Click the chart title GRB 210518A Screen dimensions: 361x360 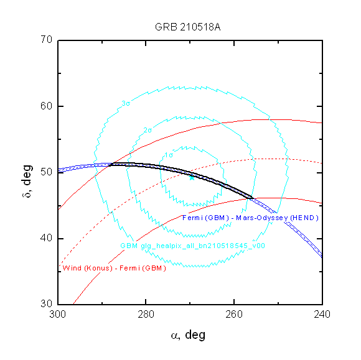click(x=187, y=27)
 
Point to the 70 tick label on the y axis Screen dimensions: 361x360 click(x=47, y=40)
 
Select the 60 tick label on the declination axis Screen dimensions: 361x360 click(x=47, y=106)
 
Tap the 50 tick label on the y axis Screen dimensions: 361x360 click(x=47, y=172)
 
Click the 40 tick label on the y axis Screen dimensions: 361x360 click(x=47, y=238)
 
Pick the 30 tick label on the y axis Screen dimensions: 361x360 click(x=47, y=303)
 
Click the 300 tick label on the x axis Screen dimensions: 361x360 click(x=57, y=314)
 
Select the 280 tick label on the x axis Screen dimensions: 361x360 click(x=146, y=314)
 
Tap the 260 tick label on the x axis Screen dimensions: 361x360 click(x=234, y=314)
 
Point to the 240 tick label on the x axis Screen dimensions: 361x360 click(x=322, y=314)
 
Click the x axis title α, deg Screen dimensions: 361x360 click(x=188, y=335)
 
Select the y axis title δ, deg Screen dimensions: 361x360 click(x=27, y=182)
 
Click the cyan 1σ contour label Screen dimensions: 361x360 click(x=169, y=155)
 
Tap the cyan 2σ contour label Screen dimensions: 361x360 click(x=148, y=131)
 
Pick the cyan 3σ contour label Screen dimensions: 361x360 click(x=126, y=103)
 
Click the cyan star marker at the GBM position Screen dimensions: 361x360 click(x=192, y=177)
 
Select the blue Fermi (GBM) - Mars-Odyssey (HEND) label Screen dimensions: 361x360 click(x=250, y=218)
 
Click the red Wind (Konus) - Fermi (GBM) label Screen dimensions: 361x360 click(x=114, y=268)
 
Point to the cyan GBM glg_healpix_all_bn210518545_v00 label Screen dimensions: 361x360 click(x=193, y=246)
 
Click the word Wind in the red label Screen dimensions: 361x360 click(x=72, y=268)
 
